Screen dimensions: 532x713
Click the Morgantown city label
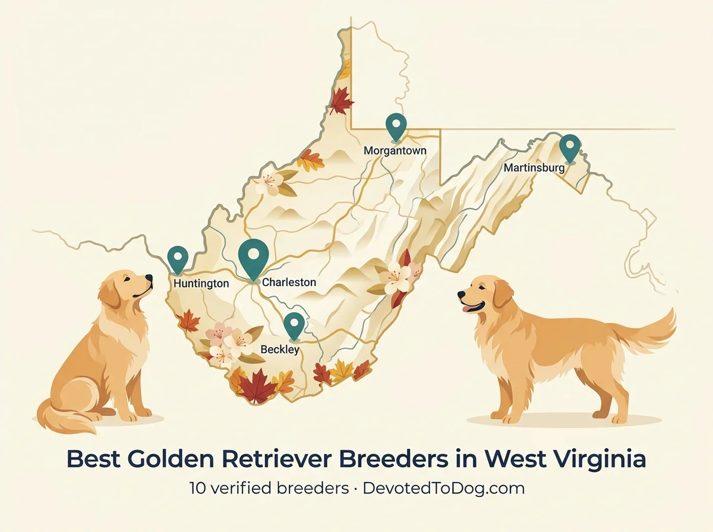pyautogui.click(x=395, y=151)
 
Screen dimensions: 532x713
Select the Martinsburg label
pyautogui.click(x=534, y=168)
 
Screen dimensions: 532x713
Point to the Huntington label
pyautogui.click(x=201, y=284)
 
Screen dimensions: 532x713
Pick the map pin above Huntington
pyautogui.click(x=178, y=258)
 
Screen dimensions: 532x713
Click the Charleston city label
pyautogui.click(x=289, y=283)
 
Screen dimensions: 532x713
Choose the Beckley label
pyautogui.click(x=280, y=350)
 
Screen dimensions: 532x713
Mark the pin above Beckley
pyautogui.click(x=294, y=325)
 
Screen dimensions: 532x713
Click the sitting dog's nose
pyautogui.click(x=149, y=277)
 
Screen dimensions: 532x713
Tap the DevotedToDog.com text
pyautogui.click(x=443, y=489)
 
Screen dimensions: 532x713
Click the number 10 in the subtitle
pyautogui.click(x=197, y=489)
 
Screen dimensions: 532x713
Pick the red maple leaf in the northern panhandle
pyautogui.click(x=341, y=101)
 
